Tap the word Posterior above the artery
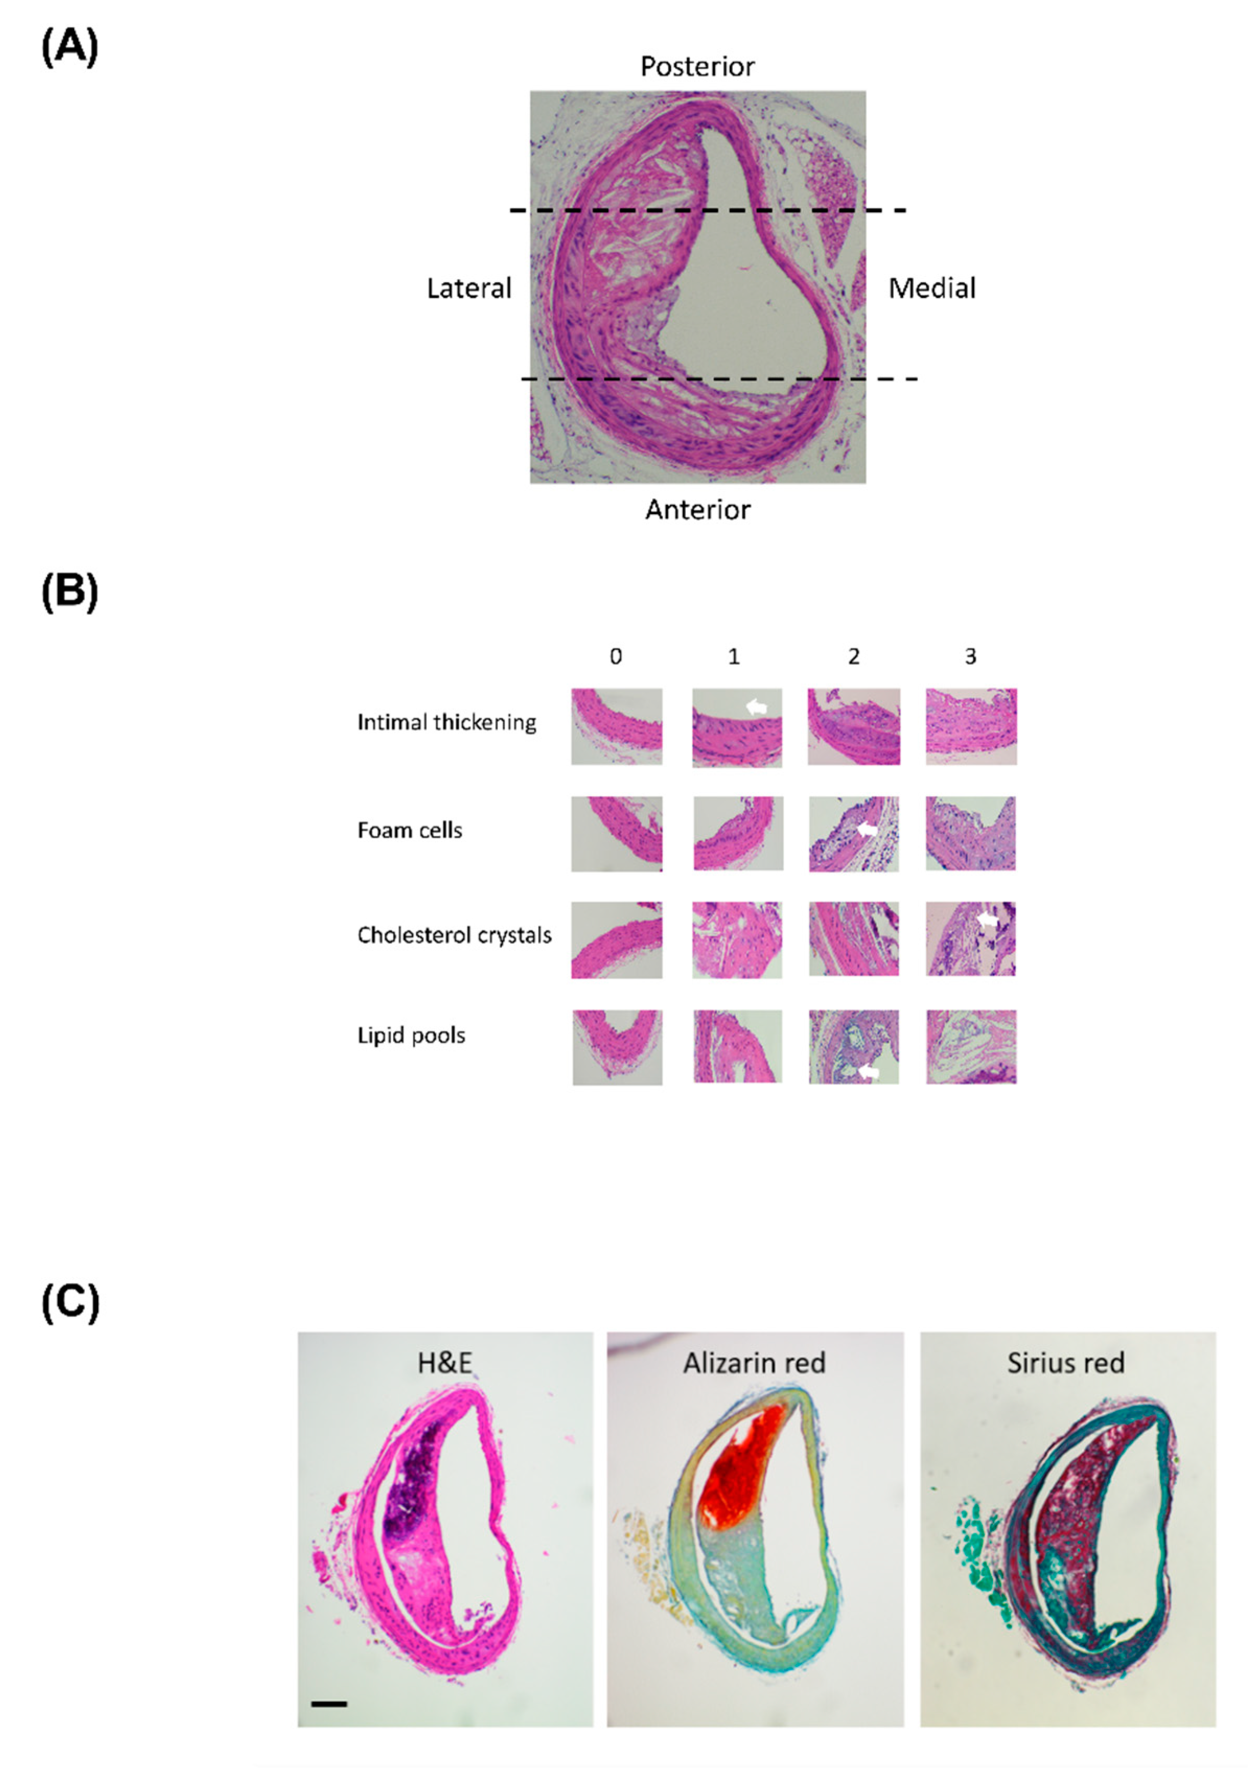click(x=697, y=67)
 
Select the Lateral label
click(x=469, y=288)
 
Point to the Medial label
click(x=931, y=288)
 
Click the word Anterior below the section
click(x=697, y=510)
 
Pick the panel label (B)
click(x=69, y=592)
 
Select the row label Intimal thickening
click(x=446, y=722)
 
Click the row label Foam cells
click(x=410, y=830)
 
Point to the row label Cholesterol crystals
click(x=454, y=935)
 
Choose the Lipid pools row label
click(x=411, y=1035)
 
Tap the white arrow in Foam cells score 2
click(x=867, y=829)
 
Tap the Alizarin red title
click(x=754, y=1363)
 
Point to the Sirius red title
click(x=1065, y=1363)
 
